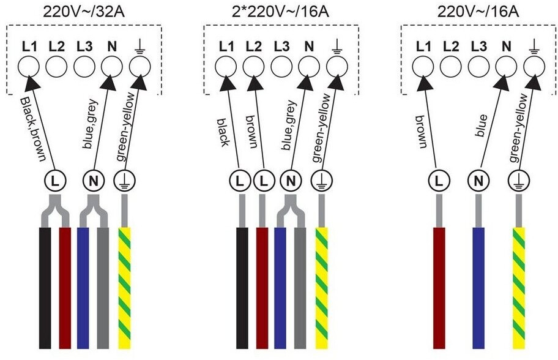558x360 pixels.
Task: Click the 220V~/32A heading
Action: tap(84, 12)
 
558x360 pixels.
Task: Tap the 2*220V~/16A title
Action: tap(280, 12)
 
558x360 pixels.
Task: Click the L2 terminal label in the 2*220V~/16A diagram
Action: tap(254, 47)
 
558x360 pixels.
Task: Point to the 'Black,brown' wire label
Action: tap(34, 129)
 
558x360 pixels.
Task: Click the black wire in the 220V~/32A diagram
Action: tap(45, 288)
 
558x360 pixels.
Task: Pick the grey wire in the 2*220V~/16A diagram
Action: tap(300, 288)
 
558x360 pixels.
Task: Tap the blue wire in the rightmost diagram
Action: tap(478, 288)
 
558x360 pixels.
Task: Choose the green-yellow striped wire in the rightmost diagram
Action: tap(519, 288)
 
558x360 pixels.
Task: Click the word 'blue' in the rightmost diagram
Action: tap(481, 126)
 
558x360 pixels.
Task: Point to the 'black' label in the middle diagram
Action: tap(223, 132)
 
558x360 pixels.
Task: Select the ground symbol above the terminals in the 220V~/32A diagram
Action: tap(140, 47)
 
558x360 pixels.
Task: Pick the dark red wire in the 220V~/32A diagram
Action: tap(65, 288)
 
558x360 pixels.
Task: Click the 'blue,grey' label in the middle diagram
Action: tap(289, 126)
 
